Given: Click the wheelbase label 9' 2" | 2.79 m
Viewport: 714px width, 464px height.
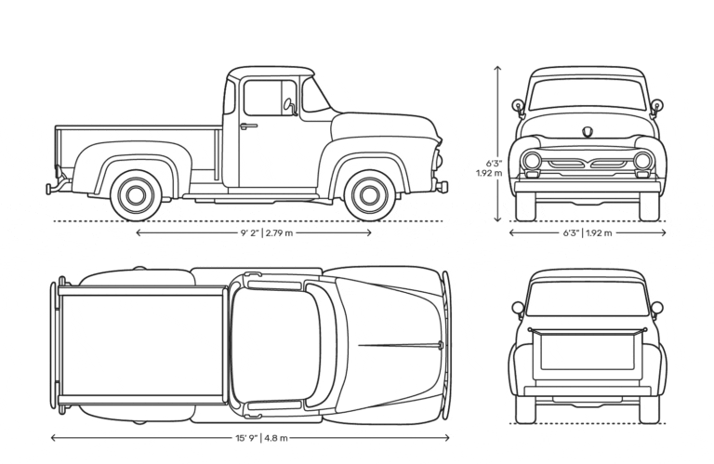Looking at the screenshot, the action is coord(267,233).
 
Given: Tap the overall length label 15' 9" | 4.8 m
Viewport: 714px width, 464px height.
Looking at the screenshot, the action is coord(261,438).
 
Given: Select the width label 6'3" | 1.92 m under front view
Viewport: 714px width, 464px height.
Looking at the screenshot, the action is coord(588,233).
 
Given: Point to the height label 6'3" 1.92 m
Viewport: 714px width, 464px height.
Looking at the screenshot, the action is coord(489,168).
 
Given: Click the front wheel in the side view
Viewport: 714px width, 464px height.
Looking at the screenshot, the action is coord(369,195).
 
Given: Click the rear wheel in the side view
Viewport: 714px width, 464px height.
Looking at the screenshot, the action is coord(136,195).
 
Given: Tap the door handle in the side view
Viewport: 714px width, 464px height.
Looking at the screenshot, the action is coord(248,126).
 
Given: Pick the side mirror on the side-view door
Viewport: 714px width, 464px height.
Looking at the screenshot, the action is coord(290,107).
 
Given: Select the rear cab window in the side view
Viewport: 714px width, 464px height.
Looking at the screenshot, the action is coord(229,98).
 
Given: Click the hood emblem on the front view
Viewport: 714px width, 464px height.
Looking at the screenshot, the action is coord(588,132).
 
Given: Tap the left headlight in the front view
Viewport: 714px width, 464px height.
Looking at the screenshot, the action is coord(532,161).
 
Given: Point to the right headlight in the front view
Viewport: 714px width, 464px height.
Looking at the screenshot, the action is coord(642,161).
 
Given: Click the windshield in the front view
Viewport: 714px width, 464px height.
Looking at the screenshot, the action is coord(588,95).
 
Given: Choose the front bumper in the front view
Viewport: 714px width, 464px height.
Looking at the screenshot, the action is coord(588,187).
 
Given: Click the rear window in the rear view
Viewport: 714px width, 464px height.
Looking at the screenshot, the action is coord(588,298).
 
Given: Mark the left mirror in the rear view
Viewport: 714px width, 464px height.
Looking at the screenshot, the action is coord(518,308).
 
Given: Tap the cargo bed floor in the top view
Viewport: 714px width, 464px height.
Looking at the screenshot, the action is coord(142,346).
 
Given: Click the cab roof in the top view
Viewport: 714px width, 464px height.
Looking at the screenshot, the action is coord(275,345).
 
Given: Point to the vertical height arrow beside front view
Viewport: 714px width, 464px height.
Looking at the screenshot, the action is coord(497,143).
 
